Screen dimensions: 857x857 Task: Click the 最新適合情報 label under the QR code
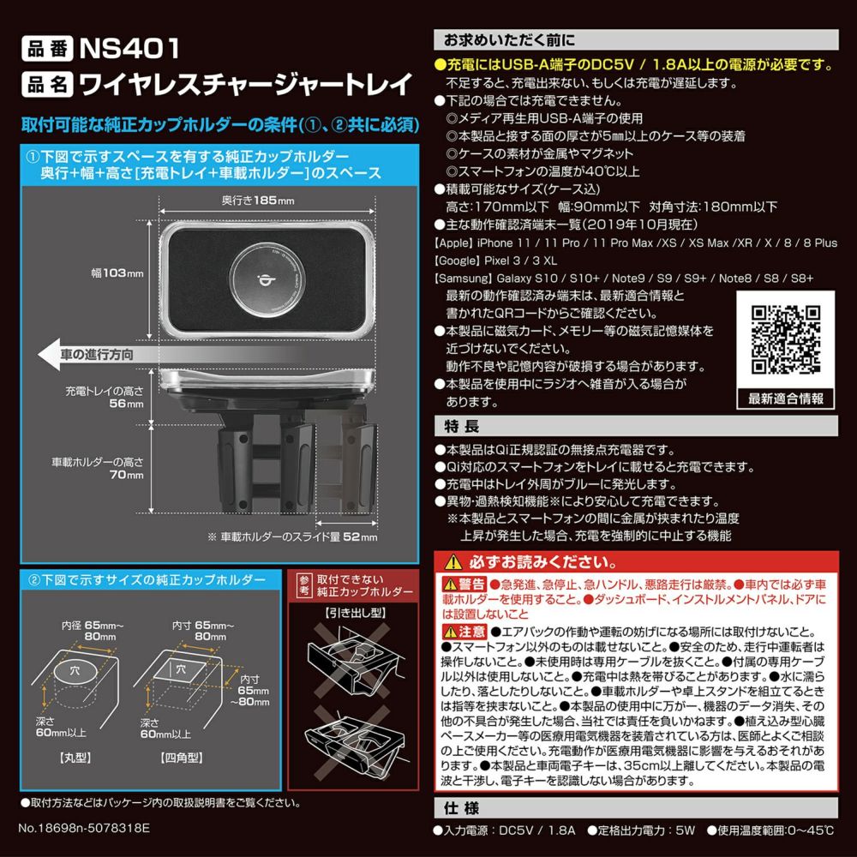click(x=785, y=399)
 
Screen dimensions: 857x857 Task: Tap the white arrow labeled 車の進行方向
click(x=86, y=354)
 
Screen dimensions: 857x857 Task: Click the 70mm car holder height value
click(x=130, y=475)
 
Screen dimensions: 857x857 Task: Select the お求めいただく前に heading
click(x=509, y=40)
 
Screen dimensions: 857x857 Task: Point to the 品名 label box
click(x=45, y=84)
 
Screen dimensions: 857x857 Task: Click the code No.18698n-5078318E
click(x=83, y=830)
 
